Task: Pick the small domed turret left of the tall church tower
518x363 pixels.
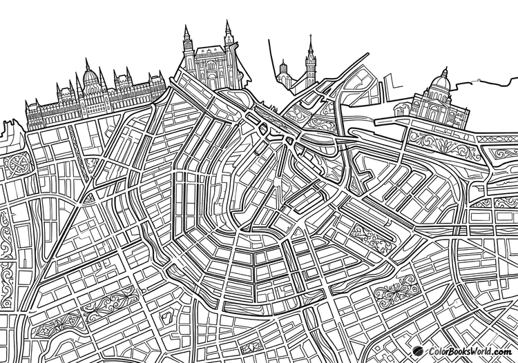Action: click(x=283, y=68)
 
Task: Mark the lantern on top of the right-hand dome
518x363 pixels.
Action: click(x=444, y=72)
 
